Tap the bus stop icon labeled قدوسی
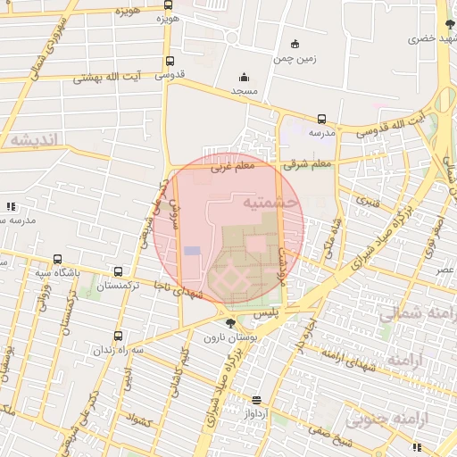[x=170, y=62]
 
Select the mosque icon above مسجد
[x=244, y=78]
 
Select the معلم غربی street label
[x=233, y=166]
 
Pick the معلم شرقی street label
[x=309, y=164]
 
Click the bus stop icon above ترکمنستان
[x=118, y=271]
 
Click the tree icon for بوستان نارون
[x=231, y=323]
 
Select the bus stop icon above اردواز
[x=257, y=400]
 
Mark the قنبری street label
[x=369, y=201]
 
